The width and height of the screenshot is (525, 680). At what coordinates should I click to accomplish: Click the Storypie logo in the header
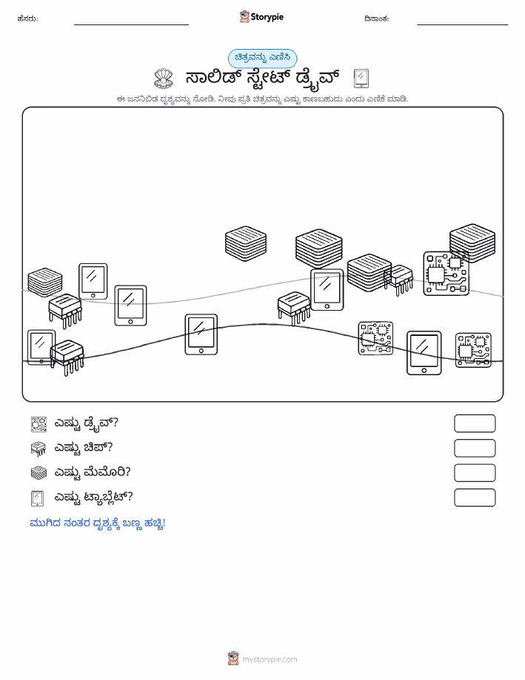click(x=261, y=17)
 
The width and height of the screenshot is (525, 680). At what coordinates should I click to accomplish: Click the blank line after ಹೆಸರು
click(x=131, y=24)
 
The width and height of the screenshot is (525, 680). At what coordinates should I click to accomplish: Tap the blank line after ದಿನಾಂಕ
click(x=462, y=24)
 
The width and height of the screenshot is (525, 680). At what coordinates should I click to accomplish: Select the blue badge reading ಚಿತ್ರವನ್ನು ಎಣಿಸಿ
click(x=262, y=58)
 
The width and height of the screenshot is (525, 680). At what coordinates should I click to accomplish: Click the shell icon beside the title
click(x=164, y=79)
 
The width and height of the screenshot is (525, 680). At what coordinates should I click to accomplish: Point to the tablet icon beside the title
click(x=361, y=79)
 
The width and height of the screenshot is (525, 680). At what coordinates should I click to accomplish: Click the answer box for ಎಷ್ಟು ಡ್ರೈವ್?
click(x=475, y=423)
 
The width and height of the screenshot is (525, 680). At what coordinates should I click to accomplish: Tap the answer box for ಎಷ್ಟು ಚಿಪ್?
click(x=475, y=449)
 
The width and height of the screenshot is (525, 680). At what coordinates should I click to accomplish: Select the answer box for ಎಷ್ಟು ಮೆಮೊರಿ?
click(x=475, y=473)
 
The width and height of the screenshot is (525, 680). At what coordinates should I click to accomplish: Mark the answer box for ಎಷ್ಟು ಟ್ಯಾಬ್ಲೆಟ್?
click(x=475, y=498)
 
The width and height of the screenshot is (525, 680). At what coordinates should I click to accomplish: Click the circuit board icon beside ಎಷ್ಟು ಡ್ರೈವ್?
click(x=39, y=424)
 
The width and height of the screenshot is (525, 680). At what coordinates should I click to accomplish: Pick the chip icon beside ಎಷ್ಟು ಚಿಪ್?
click(x=39, y=449)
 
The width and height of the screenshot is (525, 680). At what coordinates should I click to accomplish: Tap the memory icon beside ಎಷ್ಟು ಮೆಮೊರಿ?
click(x=39, y=473)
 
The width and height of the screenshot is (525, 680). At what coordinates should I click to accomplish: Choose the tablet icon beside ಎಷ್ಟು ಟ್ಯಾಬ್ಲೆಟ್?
click(x=38, y=498)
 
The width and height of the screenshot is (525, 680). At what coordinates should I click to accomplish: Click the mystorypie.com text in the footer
click(x=270, y=660)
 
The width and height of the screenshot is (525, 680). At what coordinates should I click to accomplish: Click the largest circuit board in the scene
click(x=447, y=274)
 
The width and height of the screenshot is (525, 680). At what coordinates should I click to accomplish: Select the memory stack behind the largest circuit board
click(x=472, y=243)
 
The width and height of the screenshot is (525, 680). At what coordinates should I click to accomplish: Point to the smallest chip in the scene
click(x=399, y=280)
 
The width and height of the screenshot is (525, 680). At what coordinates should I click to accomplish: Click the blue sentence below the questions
click(x=98, y=524)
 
